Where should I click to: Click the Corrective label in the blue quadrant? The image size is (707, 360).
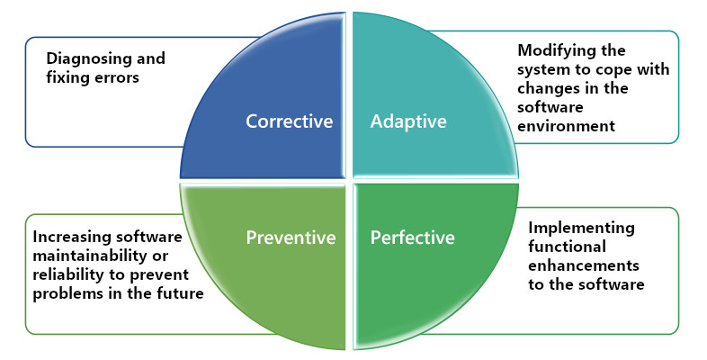tap(290, 121)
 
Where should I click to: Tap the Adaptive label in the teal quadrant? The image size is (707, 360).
tap(408, 121)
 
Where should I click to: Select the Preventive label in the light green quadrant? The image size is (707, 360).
tap(291, 238)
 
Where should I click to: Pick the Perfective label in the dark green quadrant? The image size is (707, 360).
tap(413, 238)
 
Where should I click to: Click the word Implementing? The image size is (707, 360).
tap(581, 228)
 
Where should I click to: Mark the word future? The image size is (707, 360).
tap(179, 294)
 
